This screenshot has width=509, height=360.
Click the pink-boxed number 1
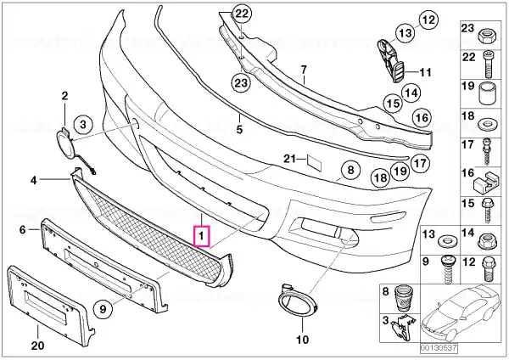click(202, 235)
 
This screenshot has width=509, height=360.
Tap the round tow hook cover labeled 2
click(64, 143)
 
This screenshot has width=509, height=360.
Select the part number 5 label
click(239, 130)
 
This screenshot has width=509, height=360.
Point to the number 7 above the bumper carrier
click(304, 70)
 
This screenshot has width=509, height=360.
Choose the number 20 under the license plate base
click(37, 345)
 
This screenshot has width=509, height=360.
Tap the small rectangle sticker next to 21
click(314, 163)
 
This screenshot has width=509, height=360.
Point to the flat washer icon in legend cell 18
click(486, 124)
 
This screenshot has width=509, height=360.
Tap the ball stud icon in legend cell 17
click(487, 151)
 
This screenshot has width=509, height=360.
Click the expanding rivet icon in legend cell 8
click(403, 299)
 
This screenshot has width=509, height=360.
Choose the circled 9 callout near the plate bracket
click(103, 308)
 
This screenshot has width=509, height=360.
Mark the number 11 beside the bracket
click(425, 72)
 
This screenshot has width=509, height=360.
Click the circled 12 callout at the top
click(428, 20)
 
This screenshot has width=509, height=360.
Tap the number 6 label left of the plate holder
click(22, 230)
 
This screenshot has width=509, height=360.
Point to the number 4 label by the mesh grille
click(34, 180)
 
